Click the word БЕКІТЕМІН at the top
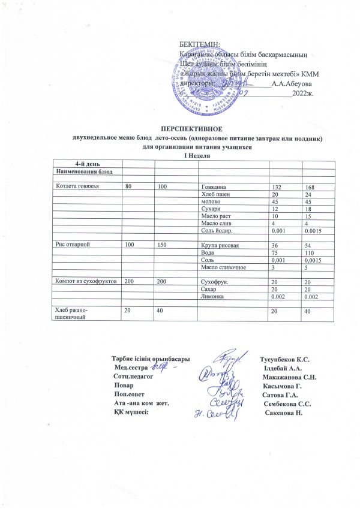[x=200, y=44]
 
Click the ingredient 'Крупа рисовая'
[x=219, y=245]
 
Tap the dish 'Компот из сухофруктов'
[x=86, y=281]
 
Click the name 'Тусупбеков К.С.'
[x=286, y=359]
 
